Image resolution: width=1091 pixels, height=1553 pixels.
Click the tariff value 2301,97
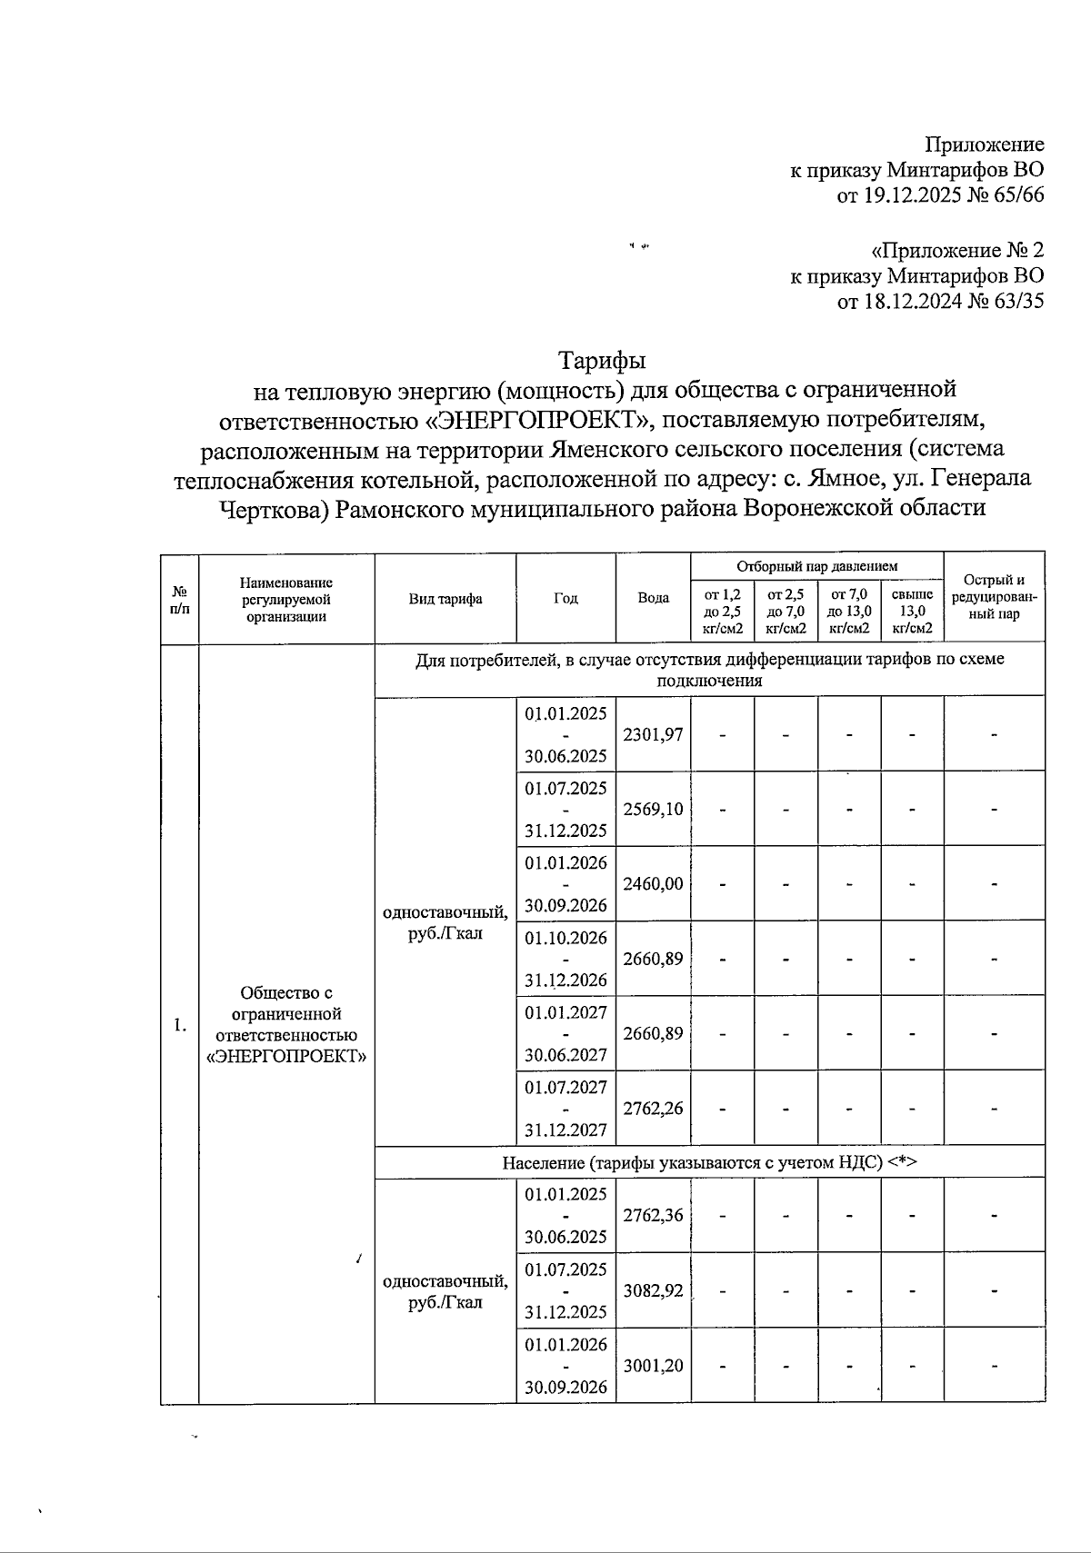(653, 734)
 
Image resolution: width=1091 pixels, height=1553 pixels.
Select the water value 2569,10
(653, 809)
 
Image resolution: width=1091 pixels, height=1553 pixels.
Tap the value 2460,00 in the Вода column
(653, 883)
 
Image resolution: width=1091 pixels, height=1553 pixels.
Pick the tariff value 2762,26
(653, 1108)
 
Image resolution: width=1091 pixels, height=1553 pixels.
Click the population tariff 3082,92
(653, 1289)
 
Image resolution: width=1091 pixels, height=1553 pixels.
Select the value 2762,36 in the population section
(653, 1215)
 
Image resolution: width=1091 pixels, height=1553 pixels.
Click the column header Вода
(653, 598)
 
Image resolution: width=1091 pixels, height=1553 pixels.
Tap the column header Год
(566, 598)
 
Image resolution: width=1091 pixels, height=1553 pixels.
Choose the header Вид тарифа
(445, 598)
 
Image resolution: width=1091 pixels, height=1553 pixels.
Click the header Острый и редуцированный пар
(994, 597)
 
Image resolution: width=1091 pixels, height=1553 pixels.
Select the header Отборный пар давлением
(816, 566)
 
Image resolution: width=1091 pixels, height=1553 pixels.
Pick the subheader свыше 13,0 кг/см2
(912, 611)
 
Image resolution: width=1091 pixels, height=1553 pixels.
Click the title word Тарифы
(601, 361)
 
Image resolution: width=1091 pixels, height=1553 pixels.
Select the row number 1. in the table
(179, 1025)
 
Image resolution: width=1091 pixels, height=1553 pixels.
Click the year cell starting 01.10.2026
(566, 958)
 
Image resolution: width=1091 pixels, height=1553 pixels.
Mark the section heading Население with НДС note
(709, 1162)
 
